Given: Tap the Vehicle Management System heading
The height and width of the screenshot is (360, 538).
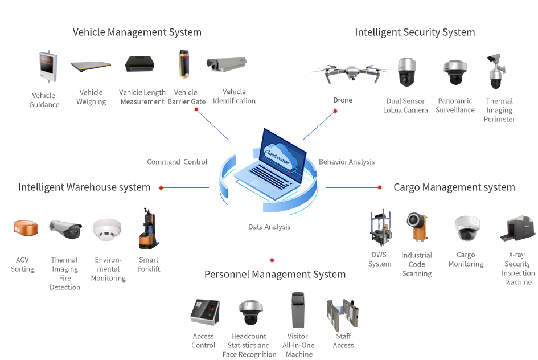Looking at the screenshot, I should click(137, 32).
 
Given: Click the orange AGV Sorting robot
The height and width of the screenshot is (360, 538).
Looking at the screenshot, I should click(26, 228).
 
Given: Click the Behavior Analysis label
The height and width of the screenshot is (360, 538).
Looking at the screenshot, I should click(347, 162).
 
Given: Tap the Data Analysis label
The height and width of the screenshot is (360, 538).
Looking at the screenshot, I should click(269, 227).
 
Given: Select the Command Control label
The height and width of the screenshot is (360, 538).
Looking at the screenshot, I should click(177, 162).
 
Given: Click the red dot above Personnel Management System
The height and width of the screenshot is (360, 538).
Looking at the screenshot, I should click(272, 260).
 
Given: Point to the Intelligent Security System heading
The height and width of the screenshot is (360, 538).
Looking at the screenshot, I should click(414, 32).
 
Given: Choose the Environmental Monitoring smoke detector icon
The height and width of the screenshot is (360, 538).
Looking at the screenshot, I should click(106, 231).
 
